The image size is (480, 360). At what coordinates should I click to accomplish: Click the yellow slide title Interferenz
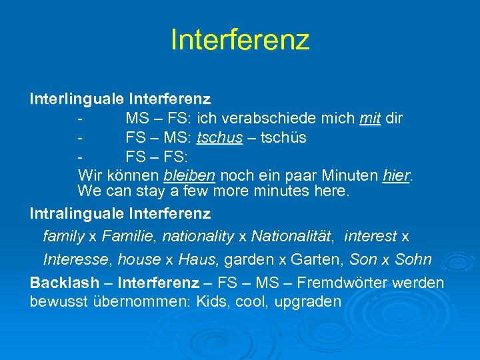(240, 39)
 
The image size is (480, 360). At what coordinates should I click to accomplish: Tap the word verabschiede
(274, 119)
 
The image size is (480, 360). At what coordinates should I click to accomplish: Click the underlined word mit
(370, 119)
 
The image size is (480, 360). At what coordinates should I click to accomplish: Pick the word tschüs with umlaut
(283, 138)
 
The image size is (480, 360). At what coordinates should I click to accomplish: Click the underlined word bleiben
(189, 176)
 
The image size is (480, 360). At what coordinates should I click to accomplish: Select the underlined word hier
(397, 176)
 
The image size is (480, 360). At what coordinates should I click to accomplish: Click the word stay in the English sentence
(153, 191)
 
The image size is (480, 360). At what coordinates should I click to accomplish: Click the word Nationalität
(293, 236)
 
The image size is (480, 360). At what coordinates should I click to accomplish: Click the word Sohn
(413, 259)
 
